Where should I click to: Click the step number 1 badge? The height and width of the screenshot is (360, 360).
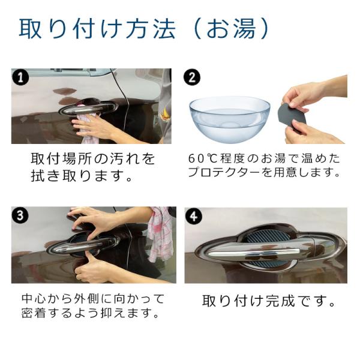(x=20, y=77)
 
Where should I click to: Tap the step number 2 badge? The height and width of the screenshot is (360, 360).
(x=192, y=77)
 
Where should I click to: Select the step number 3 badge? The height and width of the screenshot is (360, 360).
(x=20, y=215)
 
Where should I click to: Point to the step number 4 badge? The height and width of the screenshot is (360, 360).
(x=193, y=216)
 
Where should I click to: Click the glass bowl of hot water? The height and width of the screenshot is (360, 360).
(x=230, y=119)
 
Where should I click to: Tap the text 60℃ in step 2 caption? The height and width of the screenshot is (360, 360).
(x=203, y=158)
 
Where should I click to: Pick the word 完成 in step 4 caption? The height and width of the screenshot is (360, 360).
(x=281, y=301)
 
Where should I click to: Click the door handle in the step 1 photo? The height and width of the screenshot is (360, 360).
(x=88, y=107)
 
